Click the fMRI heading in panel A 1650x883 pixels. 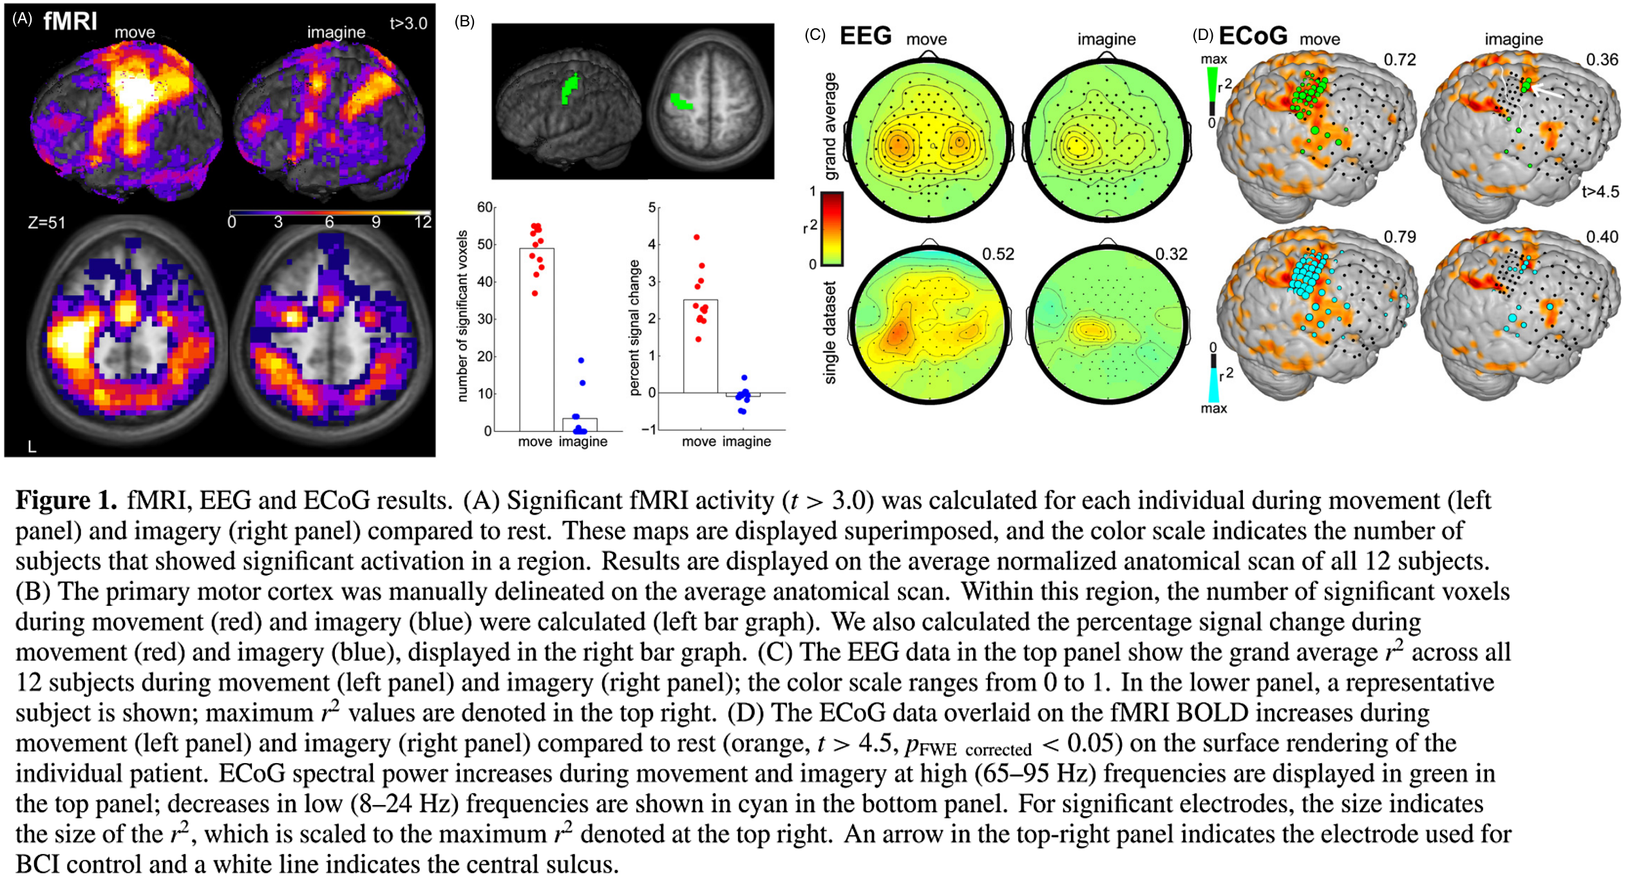[x=70, y=21]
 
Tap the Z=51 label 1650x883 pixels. [x=46, y=223]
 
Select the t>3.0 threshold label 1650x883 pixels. [x=408, y=23]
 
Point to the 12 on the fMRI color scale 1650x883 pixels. [x=422, y=222]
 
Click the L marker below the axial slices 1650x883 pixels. [x=32, y=446]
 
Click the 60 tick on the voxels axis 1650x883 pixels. [x=484, y=208]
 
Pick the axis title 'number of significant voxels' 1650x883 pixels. [x=462, y=316]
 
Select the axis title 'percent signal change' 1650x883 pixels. [x=634, y=327]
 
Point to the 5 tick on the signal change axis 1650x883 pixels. [x=652, y=208]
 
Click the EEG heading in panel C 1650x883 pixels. [x=865, y=36]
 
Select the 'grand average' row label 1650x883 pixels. [x=830, y=126]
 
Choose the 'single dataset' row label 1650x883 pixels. [x=830, y=333]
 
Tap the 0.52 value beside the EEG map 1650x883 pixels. [x=998, y=254]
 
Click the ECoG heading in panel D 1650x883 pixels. [x=1253, y=36]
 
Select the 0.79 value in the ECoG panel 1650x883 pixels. [x=1399, y=237]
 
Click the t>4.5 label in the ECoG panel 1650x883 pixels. [x=1600, y=191]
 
